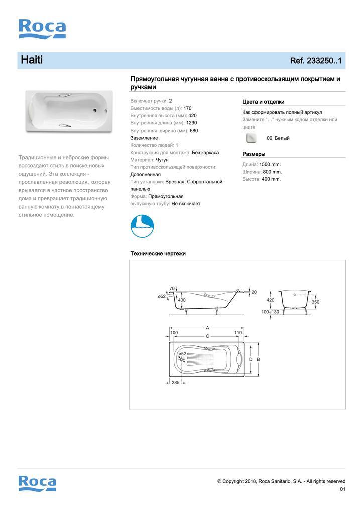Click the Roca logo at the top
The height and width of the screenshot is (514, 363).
tap(42, 29)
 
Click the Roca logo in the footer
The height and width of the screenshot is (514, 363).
tap(38, 483)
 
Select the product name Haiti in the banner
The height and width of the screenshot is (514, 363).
tap(32, 60)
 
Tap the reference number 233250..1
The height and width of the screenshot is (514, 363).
tap(316, 61)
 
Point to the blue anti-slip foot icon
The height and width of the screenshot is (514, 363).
tap(142, 226)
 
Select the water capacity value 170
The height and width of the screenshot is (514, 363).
tap(187, 108)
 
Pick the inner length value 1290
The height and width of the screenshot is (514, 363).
tap(192, 123)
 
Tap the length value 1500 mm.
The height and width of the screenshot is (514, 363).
tap(270, 164)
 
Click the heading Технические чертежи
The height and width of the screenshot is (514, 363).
tap(158, 254)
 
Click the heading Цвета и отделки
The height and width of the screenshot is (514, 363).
tap(263, 102)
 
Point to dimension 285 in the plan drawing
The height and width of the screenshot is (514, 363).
tap(175, 383)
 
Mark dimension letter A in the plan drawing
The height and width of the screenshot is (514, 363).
tap(207, 328)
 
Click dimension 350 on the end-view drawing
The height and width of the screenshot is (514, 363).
tap(315, 302)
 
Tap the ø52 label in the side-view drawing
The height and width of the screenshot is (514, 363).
tap(162, 297)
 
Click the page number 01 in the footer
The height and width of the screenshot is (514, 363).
tap(342, 489)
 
